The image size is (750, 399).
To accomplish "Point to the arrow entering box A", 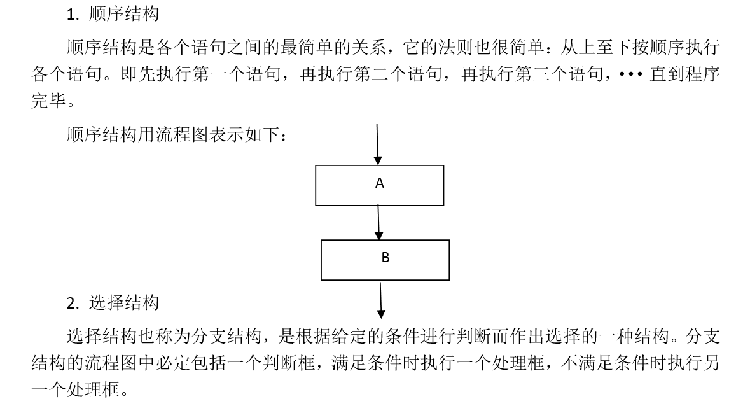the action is coord(377,144).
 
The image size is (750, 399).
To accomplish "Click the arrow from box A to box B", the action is coord(378,223).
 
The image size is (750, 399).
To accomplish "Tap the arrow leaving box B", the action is coord(381,300).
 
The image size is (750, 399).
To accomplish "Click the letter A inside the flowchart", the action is coord(380,183).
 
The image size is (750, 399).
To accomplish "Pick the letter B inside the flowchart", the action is coord(385,257).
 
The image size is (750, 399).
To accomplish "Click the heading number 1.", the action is coord(72,15).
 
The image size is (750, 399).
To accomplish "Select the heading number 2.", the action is coord(73,304).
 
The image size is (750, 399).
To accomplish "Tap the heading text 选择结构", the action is coord(124,302).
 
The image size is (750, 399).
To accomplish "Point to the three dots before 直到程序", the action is coord(630,74).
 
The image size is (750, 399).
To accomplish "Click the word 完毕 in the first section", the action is coord(49,101).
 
